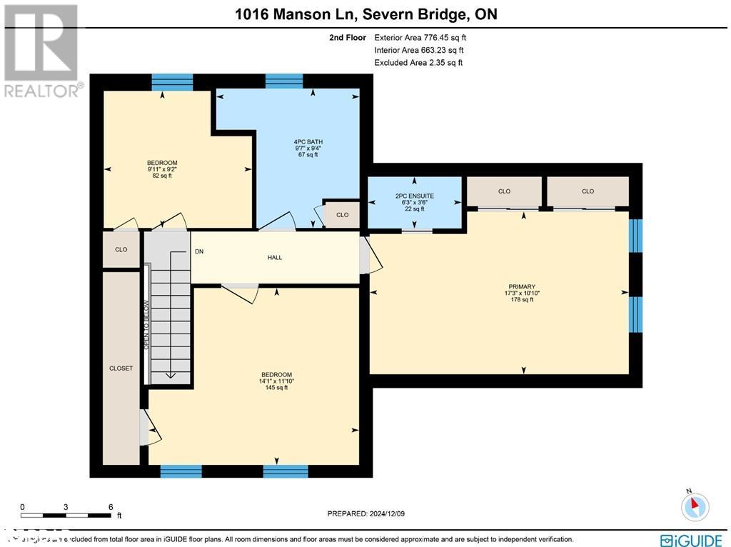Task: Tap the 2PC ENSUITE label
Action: click(x=415, y=196)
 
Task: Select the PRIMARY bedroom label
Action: click(x=522, y=286)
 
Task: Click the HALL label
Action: click(x=275, y=257)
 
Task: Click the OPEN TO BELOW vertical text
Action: click(x=146, y=325)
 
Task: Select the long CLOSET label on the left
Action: click(x=121, y=368)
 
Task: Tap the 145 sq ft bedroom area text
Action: click(x=276, y=388)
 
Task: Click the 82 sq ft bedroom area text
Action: click(x=162, y=176)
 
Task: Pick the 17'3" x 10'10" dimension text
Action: click(x=522, y=293)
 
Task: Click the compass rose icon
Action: click(x=694, y=506)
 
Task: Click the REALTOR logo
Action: click(x=42, y=50)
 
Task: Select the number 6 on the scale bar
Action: click(x=111, y=506)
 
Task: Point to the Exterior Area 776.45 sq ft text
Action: click(x=420, y=38)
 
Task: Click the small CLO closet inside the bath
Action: click(x=342, y=215)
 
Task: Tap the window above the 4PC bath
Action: click(x=284, y=81)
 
